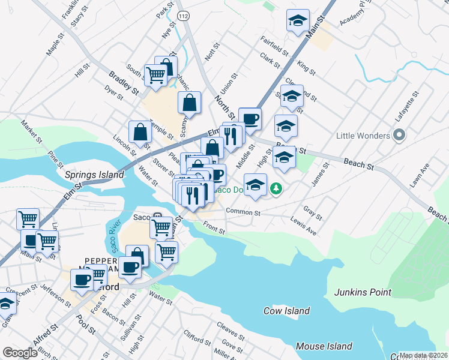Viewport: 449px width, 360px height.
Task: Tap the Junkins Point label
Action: tap(363, 293)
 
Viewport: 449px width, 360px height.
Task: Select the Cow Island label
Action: tap(287, 311)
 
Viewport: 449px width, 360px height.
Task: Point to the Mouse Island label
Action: tap(324, 346)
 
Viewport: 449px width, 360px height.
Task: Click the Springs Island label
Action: tap(94, 175)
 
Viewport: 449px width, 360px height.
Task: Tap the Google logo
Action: tap(20, 353)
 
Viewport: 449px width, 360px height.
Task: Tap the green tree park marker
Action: tap(276, 189)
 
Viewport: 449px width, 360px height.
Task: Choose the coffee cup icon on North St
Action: tap(250, 118)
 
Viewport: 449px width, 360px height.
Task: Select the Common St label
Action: tap(243, 212)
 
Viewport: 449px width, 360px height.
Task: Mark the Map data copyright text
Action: tap(424, 355)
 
